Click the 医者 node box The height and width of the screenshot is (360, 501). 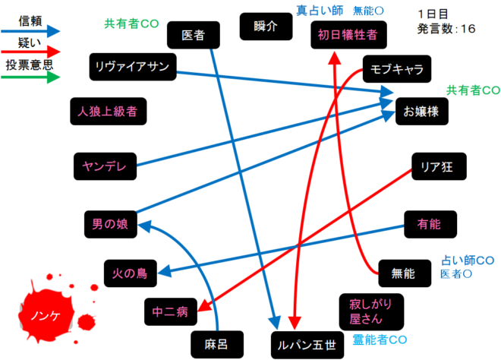coord(194,35)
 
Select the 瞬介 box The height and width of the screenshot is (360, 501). coord(266,27)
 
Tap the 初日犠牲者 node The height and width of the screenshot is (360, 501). coord(348,35)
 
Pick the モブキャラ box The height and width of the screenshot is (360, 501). coord(397,69)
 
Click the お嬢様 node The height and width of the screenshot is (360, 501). coord(422,111)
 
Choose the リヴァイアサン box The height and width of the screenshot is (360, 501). coord(133,67)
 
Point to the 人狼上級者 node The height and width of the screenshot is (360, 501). coord(109,111)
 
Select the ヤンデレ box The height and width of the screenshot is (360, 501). coord(105,166)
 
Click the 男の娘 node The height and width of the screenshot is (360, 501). coord(111,225)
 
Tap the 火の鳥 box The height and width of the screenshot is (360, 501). coord(131,273)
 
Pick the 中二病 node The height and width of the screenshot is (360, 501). coord(171,311)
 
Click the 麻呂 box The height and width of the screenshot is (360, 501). coord(217,345)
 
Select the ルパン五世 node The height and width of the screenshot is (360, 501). coord(307,346)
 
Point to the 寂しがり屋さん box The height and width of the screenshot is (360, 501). coord(371,312)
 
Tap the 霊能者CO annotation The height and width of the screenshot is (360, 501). coord(380,339)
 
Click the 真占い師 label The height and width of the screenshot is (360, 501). coord(320,11)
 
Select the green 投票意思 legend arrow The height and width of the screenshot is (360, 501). coord(30,77)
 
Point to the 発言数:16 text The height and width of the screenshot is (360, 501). coord(446,29)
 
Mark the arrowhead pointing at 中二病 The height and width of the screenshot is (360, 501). coord(206,305)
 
